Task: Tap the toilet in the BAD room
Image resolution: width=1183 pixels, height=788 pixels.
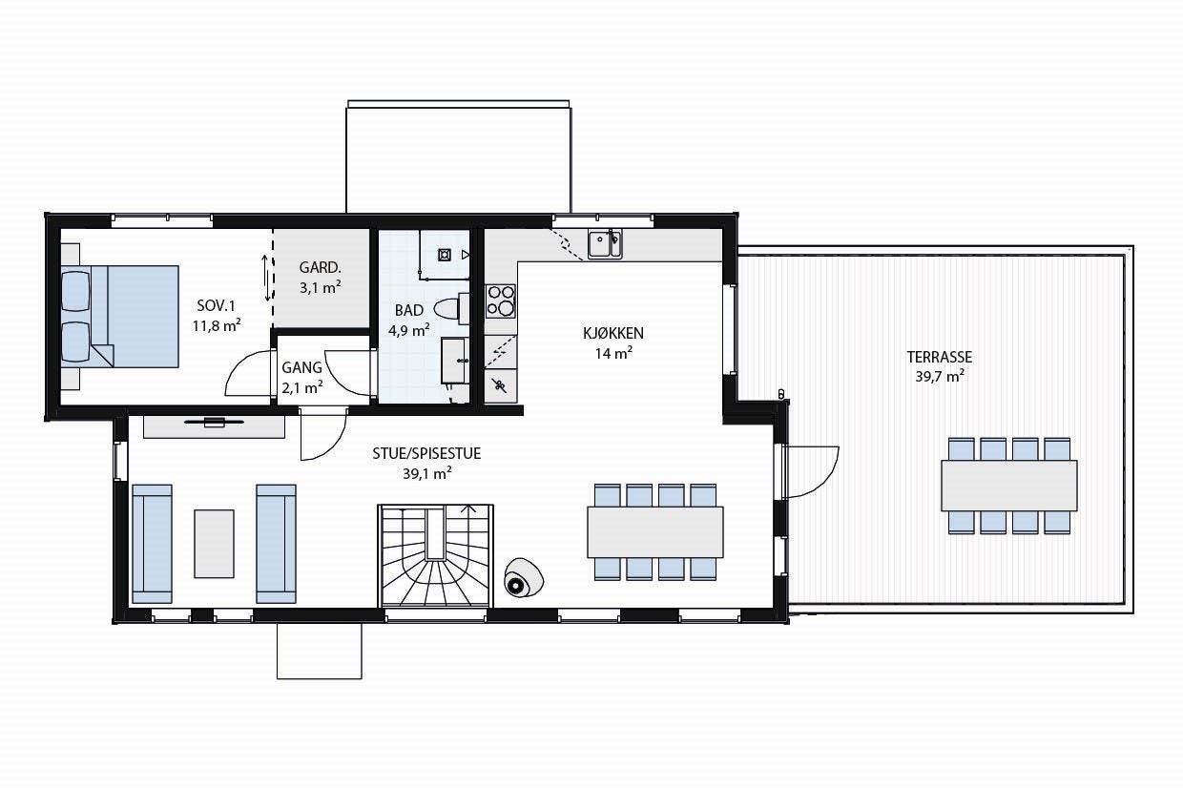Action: click(x=447, y=308)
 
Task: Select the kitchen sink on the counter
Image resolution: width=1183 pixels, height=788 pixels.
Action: click(x=603, y=244)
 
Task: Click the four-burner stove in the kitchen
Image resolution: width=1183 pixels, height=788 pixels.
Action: click(x=500, y=301)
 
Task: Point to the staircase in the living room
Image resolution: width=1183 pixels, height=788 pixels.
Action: click(x=436, y=556)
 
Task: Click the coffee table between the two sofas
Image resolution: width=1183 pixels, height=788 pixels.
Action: click(x=214, y=543)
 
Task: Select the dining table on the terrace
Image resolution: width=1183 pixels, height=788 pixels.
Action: click(x=1008, y=485)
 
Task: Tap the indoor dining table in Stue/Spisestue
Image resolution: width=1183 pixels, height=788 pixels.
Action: click(x=654, y=531)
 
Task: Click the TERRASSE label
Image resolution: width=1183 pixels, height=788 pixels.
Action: click(x=939, y=357)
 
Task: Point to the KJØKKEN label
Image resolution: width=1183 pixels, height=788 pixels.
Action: click(x=613, y=333)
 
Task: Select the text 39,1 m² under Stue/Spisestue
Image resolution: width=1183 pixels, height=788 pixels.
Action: click(x=426, y=472)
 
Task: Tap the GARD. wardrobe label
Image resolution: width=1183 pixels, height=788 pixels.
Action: click(x=320, y=267)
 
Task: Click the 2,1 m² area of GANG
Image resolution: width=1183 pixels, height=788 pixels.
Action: click(x=302, y=386)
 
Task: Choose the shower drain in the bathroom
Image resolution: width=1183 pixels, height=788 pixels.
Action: click(x=445, y=254)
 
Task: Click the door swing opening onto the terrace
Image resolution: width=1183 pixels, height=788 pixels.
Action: click(x=814, y=472)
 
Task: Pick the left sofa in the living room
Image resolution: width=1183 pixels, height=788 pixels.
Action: click(x=153, y=544)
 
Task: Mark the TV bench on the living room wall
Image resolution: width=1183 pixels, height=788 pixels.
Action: click(x=214, y=425)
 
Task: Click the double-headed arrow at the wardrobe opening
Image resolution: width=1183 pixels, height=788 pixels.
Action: click(x=266, y=274)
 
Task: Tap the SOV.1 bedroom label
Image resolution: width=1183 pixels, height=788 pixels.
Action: click(x=216, y=305)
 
